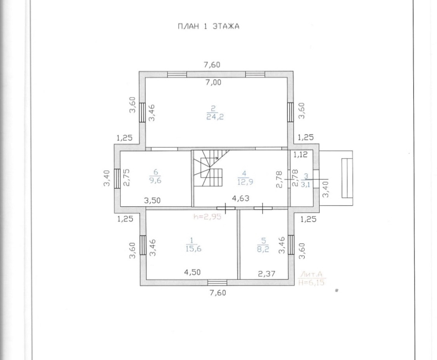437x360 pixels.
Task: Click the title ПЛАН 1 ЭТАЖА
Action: tap(209, 26)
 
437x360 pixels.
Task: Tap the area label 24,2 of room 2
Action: tap(215, 117)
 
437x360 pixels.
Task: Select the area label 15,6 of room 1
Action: tap(193, 249)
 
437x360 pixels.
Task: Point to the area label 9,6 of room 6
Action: tap(155, 180)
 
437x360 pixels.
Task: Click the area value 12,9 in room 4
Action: tap(244, 182)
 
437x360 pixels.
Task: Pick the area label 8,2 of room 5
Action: tap(263, 249)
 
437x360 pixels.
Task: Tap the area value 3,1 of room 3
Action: tap(305, 184)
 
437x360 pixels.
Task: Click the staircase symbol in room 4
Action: tap(211, 169)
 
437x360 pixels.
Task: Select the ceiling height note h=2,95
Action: tap(207, 216)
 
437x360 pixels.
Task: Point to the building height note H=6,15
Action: tap(311, 283)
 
